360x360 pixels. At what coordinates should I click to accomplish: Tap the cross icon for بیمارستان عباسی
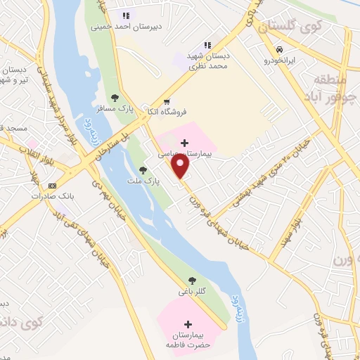tap(184, 143)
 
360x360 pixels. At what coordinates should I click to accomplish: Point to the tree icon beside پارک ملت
tap(143, 169)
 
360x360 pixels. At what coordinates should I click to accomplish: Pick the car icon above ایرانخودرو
tap(280, 50)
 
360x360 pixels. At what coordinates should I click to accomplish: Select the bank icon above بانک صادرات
tap(51, 186)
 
